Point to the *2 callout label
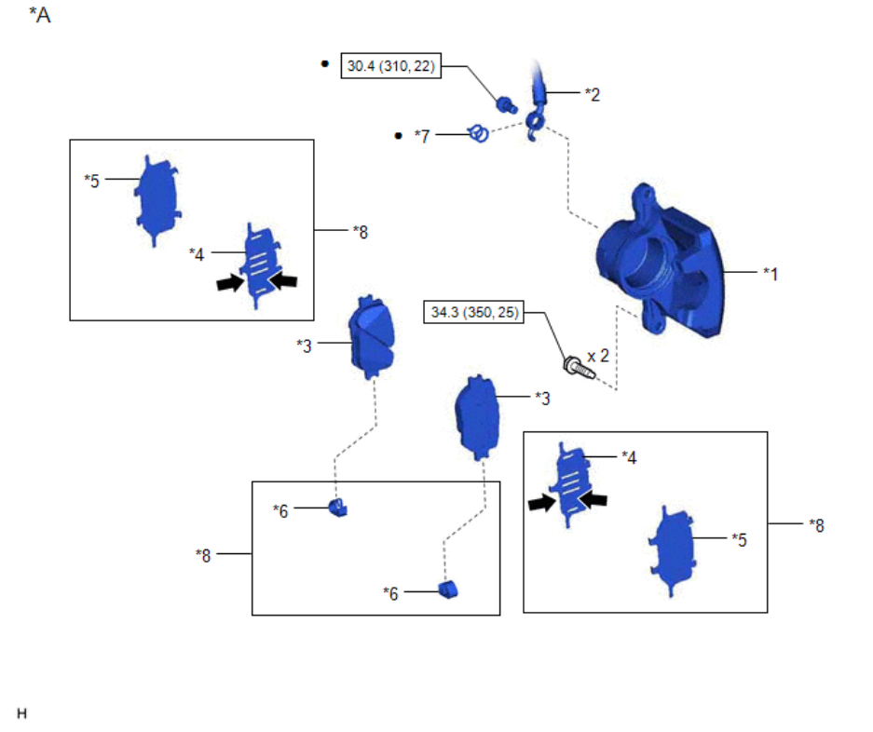592,93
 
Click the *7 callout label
423,136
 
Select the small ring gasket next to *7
479,134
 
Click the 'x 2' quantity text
598,357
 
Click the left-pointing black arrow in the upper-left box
282,280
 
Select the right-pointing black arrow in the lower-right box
540,503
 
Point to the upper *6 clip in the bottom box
339,508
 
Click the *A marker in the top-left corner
39,15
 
